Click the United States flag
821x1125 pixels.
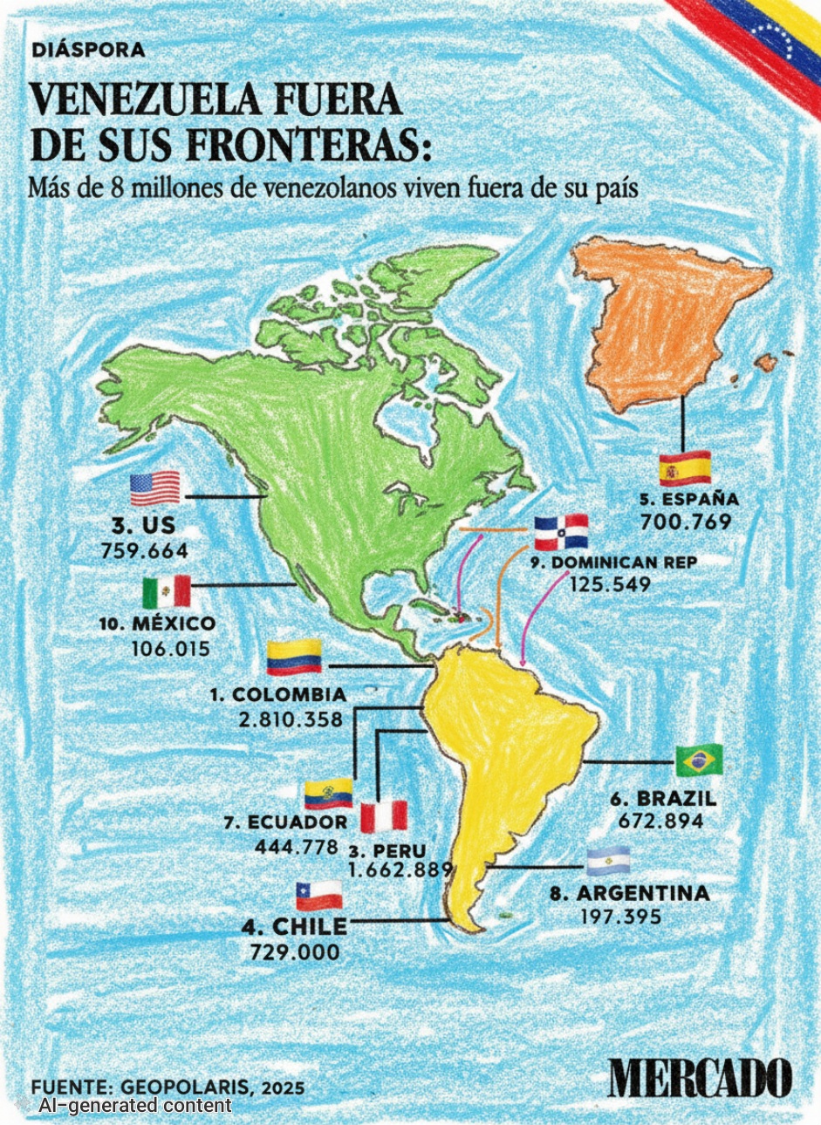(x=155, y=488)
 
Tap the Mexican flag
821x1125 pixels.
(x=166, y=592)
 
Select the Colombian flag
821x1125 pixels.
(x=294, y=657)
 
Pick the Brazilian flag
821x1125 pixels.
(x=698, y=761)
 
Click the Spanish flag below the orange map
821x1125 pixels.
(x=685, y=469)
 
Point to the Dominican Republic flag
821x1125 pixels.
(x=561, y=532)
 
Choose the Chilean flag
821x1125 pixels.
(x=318, y=895)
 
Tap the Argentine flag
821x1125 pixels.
(x=608, y=862)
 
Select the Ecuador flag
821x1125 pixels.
(x=328, y=793)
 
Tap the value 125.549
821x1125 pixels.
(x=610, y=584)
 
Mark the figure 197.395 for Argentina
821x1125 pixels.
(x=620, y=917)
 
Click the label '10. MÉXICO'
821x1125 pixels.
(x=160, y=624)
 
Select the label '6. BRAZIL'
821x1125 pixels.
(x=664, y=799)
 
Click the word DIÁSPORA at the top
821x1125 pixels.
(x=88, y=51)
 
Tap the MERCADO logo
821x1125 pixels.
(x=701, y=1078)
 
